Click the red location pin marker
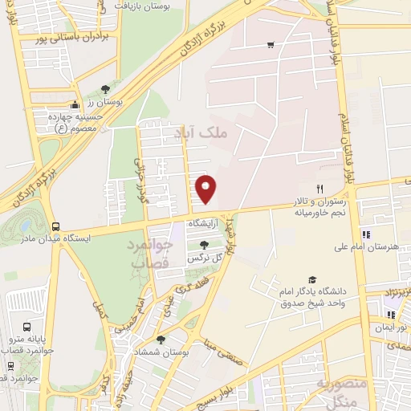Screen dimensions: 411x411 [x=206, y=188]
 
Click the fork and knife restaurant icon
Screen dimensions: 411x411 [x=319, y=188]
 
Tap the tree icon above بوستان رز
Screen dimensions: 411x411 [x=104, y=89]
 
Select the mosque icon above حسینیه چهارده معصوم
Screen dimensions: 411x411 [x=75, y=104]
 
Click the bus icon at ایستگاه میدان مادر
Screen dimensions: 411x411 [x=56, y=226]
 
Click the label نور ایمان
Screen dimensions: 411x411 [x=394, y=328]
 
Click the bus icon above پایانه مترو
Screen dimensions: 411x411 [x=27, y=328]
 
